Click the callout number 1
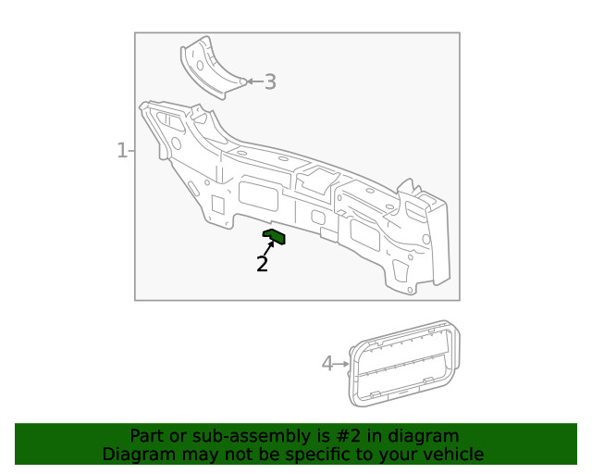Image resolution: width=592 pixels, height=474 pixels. tap(121, 150)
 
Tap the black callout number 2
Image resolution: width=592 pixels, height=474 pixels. tap(263, 264)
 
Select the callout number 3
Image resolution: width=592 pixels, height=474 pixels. tap(270, 82)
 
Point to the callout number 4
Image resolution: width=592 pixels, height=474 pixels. tap(327, 364)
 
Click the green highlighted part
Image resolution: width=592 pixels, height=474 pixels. tap(275, 237)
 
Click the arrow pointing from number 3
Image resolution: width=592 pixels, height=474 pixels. tap(253, 82)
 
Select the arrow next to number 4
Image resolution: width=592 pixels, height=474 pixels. tap(342, 364)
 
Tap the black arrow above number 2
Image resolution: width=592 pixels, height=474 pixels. tap(268, 247)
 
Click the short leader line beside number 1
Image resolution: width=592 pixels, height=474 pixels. tap(131, 150)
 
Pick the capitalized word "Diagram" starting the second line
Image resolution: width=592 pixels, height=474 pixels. tap(136, 455)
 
